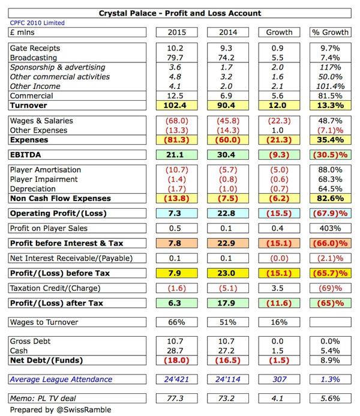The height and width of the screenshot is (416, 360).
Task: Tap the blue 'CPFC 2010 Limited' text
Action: pos(36,23)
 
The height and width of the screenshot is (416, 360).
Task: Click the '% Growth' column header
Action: pos(329,32)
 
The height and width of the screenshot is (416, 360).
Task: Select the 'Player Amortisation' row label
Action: pos(45,170)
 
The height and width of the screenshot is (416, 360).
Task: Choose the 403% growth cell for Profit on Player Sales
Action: pos(329,228)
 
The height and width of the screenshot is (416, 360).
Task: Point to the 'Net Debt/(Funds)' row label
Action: pos(46,360)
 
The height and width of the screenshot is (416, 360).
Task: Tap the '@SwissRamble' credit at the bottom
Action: pos(83,409)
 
